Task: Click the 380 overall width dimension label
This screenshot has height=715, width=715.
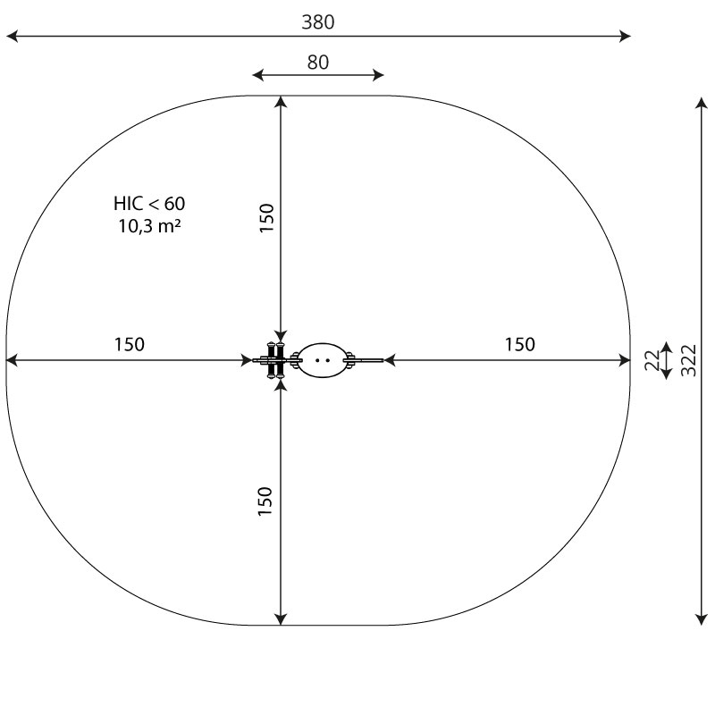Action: pyautogui.click(x=318, y=21)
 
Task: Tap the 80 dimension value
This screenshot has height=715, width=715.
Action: pyautogui.click(x=318, y=62)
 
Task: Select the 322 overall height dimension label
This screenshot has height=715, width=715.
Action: pyautogui.click(x=688, y=360)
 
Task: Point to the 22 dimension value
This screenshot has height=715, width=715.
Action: pyautogui.click(x=652, y=360)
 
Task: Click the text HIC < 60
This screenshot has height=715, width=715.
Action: pyautogui.click(x=149, y=204)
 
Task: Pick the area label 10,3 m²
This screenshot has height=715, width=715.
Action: pyautogui.click(x=149, y=226)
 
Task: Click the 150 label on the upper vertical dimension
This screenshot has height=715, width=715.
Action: pyautogui.click(x=266, y=218)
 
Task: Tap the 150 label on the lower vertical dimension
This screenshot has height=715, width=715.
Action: pyautogui.click(x=265, y=501)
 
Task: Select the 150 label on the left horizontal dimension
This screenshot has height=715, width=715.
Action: pyautogui.click(x=129, y=344)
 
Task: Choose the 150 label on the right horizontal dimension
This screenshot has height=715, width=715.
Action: pyautogui.click(x=520, y=344)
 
